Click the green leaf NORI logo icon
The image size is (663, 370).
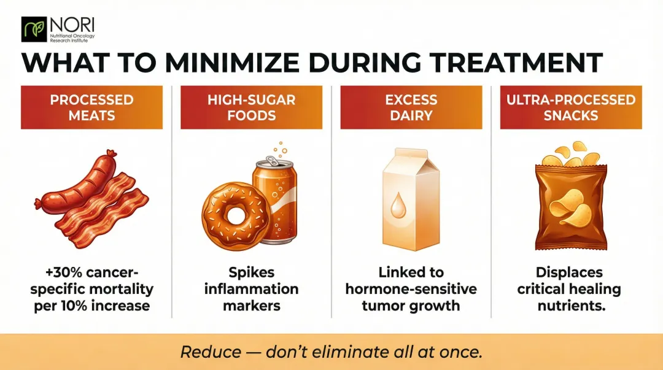(34, 29)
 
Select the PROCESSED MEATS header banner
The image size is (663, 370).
(91, 107)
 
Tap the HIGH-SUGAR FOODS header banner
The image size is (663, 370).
(251, 107)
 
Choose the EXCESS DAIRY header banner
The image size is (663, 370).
(411, 107)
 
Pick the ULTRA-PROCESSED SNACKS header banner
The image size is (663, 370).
(571, 107)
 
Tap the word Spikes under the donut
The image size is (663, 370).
(251, 272)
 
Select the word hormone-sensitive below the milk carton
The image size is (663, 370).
(411, 288)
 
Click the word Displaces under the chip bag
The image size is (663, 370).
(570, 272)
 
